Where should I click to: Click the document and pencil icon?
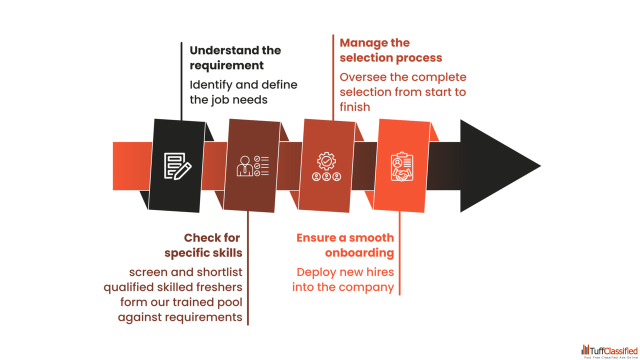click(x=177, y=166)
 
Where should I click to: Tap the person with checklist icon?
click(x=252, y=166)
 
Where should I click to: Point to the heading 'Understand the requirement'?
click(x=235, y=57)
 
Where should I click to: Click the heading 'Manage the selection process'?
click(x=390, y=50)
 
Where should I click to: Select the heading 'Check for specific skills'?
click(x=203, y=245)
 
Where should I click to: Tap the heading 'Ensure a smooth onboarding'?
click(x=345, y=245)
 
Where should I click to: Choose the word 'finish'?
click(x=354, y=106)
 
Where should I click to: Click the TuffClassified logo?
click(x=609, y=350)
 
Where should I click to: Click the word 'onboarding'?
click(x=359, y=253)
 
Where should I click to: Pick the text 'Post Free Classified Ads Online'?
click(x=611, y=357)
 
